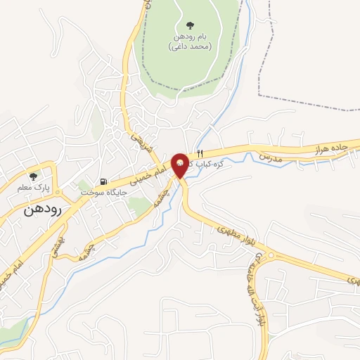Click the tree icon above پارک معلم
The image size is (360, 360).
tap(32, 176)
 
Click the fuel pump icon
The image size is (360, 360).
tap(103, 181)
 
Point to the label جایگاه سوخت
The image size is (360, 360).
tap(103, 192)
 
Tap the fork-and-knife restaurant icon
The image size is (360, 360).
tap(200, 153)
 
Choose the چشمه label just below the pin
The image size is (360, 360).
tap(164, 188)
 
